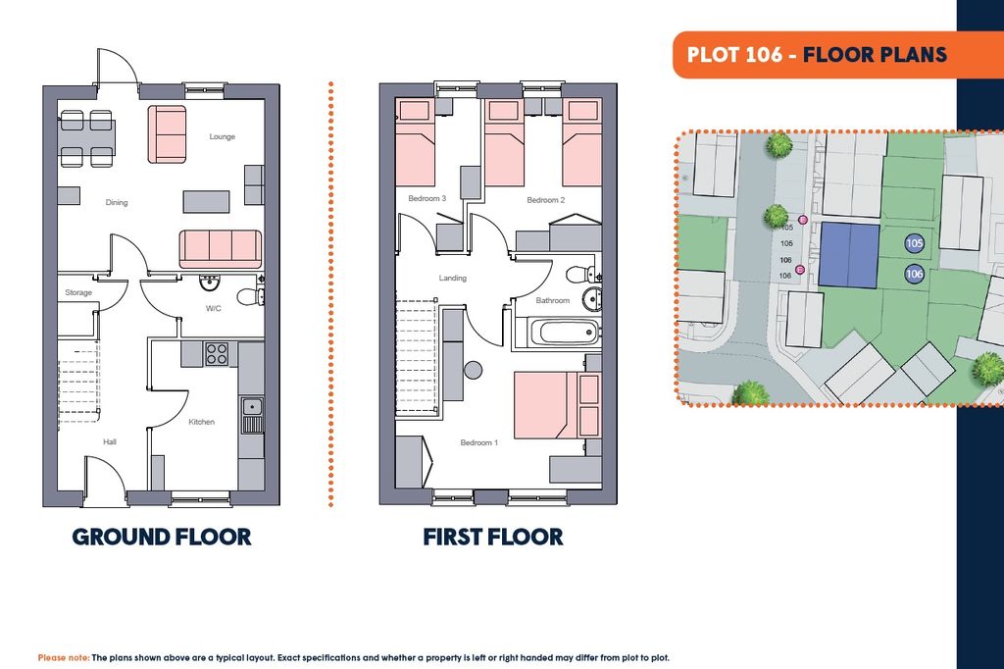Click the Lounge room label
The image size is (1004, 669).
[x=223, y=136]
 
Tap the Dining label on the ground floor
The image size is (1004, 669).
[x=117, y=202]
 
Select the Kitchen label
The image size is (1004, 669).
[x=202, y=422]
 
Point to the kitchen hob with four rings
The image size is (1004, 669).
[x=217, y=354]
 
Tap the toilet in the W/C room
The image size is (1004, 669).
[x=250, y=297]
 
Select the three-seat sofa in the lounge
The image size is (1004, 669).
[x=221, y=249]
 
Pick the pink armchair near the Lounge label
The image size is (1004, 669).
[x=168, y=134]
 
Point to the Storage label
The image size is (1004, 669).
[x=78, y=293]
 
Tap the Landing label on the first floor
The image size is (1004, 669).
[x=453, y=279]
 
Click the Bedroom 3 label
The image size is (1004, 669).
[x=427, y=199]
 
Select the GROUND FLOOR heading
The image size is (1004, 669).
[x=162, y=537]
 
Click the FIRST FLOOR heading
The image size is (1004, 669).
[x=493, y=537]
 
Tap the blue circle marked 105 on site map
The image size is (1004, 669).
[x=915, y=243]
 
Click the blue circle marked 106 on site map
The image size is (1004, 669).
[x=915, y=275]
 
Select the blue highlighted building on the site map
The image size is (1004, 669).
[x=850, y=254]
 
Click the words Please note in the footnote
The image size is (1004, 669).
[x=64, y=657]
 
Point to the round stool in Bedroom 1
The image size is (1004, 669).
[x=474, y=371]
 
